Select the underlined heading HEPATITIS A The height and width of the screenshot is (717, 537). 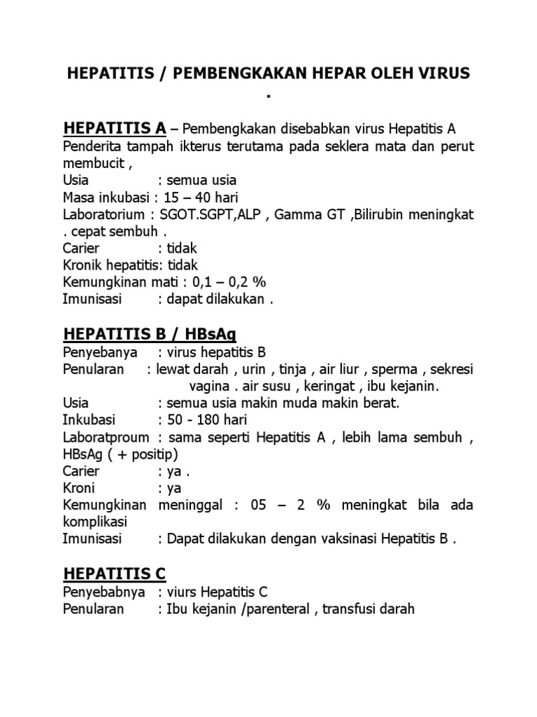point(115,128)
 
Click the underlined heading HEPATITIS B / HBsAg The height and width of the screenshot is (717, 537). point(150,333)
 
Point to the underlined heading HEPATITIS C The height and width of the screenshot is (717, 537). point(115,573)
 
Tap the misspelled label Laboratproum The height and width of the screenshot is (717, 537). point(106,438)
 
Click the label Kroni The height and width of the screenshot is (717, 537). point(78,488)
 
